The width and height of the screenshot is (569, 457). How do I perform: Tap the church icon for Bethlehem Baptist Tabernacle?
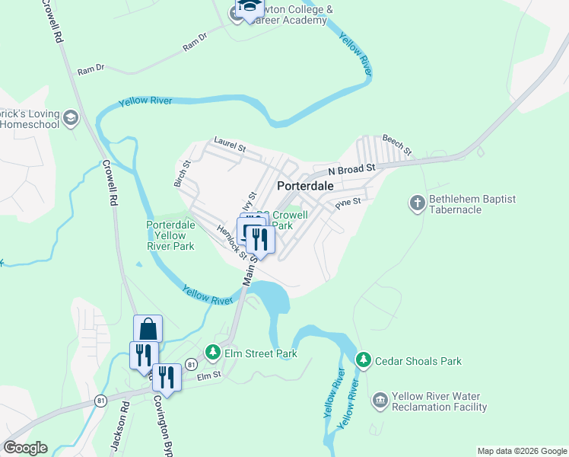pyautogui.click(x=417, y=203)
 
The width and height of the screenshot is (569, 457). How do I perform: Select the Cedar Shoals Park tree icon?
pyautogui.click(x=364, y=360)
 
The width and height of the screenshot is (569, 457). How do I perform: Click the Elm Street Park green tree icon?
pyautogui.click(x=213, y=353)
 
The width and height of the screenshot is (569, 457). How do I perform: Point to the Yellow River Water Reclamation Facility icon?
pyautogui.click(x=380, y=400)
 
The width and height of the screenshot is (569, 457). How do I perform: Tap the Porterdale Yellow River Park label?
pyautogui.click(x=171, y=235)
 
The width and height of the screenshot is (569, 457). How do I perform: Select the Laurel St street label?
pyautogui.click(x=230, y=142)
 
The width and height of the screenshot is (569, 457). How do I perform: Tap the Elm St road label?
pyautogui.click(x=208, y=376)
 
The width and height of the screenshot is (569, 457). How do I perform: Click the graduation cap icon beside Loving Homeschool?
pyautogui.click(x=71, y=117)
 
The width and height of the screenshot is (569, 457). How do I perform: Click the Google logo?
pyautogui.click(x=25, y=448)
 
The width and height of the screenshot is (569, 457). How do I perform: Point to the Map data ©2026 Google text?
pyautogui.click(x=521, y=451)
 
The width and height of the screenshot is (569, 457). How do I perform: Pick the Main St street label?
pyautogui.click(x=249, y=271)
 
